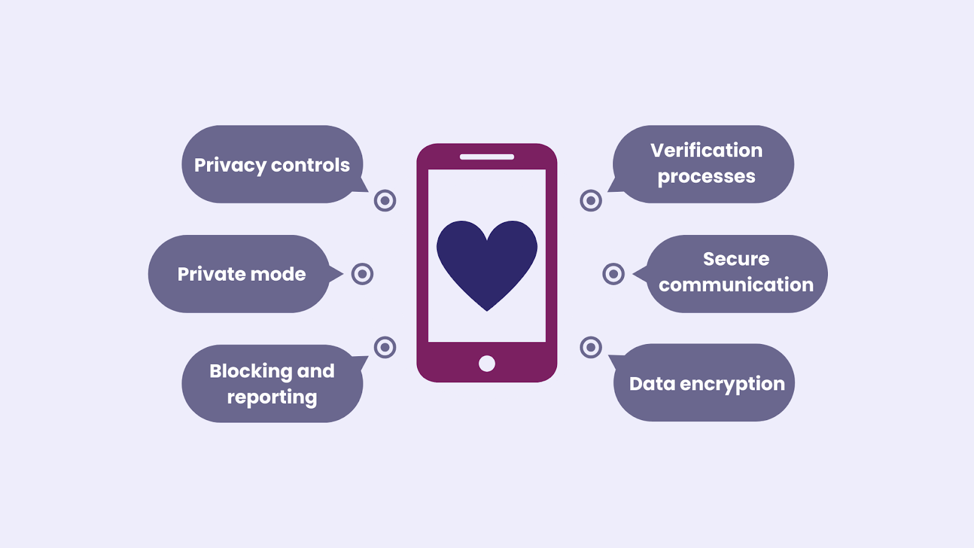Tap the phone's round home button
(487, 364)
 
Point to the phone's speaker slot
(487, 157)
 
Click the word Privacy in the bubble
(230, 166)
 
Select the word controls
(310, 165)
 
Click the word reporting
(272, 398)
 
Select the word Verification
(707, 150)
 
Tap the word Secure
(736, 259)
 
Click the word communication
(736, 284)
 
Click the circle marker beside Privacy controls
(385, 201)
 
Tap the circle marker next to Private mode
(362, 274)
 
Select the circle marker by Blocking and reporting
(385, 347)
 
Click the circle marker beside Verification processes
(591, 201)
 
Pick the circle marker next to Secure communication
(614, 274)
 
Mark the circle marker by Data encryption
(591, 347)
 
